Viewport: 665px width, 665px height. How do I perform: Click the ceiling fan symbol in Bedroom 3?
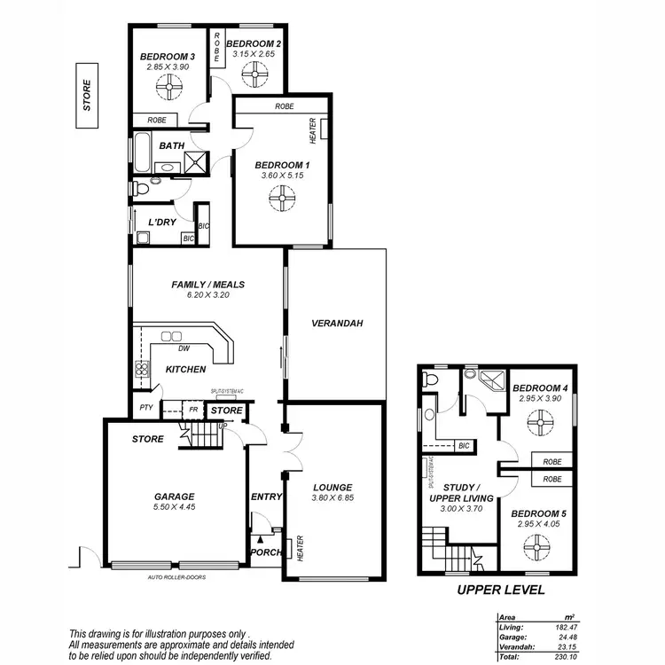point(167,87)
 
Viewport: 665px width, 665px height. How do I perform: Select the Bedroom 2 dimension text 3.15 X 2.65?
point(254,55)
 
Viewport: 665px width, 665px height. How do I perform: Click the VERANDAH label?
point(337,324)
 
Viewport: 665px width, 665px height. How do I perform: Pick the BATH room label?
point(171,145)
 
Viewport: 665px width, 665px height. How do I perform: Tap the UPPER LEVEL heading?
point(500,591)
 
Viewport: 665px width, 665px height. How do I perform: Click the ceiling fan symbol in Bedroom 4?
point(537,426)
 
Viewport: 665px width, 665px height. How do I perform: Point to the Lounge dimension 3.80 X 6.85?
point(332,499)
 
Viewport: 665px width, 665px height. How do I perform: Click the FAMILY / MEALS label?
point(208,285)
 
